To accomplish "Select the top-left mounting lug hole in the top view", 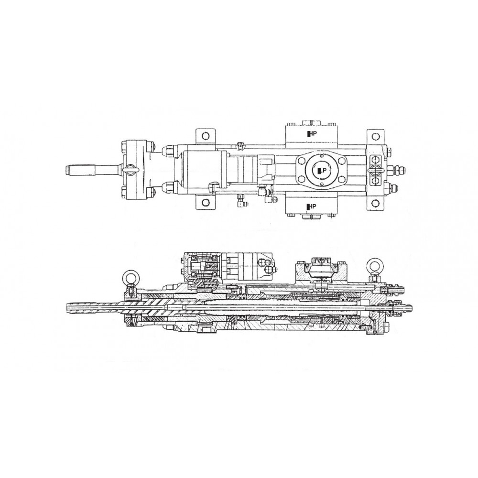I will tap(205, 136).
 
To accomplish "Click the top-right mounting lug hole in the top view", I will tap(376, 136).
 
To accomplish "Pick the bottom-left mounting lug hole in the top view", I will tap(205, 203).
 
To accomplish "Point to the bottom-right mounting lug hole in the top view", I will tap(376, 203).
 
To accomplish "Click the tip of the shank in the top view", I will tap(68, 170).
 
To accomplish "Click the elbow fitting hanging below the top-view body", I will tap(240, 203).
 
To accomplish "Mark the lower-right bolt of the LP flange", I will tap(333, 182).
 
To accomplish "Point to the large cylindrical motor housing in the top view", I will tap(201, 169).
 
